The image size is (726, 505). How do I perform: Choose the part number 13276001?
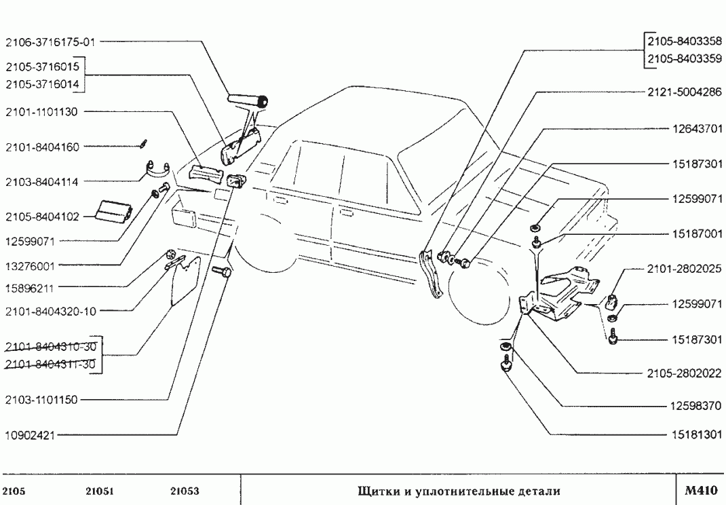coord(31,265)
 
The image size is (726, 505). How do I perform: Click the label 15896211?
coord(31,287)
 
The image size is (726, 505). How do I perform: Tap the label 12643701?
coord(697,128)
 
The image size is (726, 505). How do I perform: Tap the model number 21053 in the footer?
coord(183,491)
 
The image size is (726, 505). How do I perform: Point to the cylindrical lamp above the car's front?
coord(248,102)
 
